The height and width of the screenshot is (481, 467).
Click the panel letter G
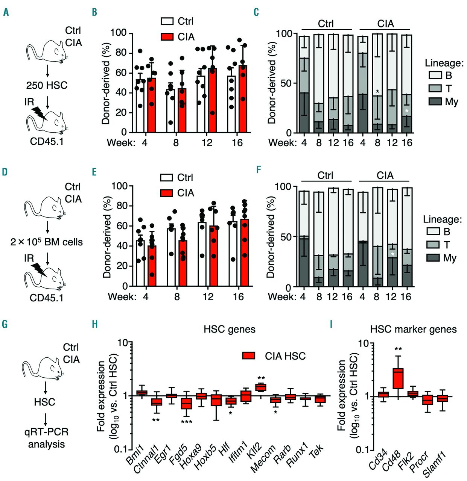point(5,324)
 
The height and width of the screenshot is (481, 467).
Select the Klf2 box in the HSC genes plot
point(261,387)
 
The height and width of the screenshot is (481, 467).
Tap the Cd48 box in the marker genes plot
point(398,378)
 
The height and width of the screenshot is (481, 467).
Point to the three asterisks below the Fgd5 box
point(187,422)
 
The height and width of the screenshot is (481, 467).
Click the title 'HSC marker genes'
point(413,330)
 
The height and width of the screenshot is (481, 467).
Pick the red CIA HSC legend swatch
point(249,355)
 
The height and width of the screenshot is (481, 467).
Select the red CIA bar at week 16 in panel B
point(243,98)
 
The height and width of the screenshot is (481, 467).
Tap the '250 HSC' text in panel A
point(47,85)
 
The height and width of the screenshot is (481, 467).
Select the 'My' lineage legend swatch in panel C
point(435,101)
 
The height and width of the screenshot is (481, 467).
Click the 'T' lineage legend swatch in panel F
point(433,245)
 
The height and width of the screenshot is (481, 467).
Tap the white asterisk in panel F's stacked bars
point(392,254)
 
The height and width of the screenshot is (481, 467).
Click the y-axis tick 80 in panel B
point(122,53)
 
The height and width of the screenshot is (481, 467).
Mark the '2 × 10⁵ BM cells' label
point(47,242)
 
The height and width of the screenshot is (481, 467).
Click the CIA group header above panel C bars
point(385,24)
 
